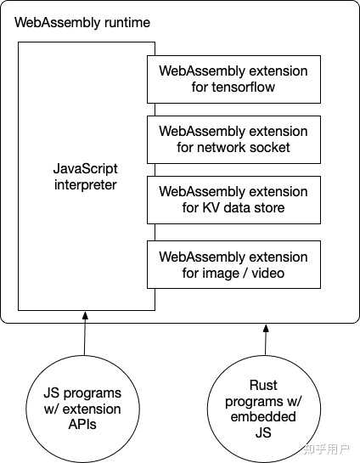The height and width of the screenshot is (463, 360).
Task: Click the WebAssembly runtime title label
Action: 82,21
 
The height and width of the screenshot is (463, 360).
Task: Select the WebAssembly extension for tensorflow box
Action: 233,78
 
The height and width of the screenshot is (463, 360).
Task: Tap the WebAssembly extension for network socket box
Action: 233,139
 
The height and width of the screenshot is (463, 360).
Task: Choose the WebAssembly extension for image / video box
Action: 233,264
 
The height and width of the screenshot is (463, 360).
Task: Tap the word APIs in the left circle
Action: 82,424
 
